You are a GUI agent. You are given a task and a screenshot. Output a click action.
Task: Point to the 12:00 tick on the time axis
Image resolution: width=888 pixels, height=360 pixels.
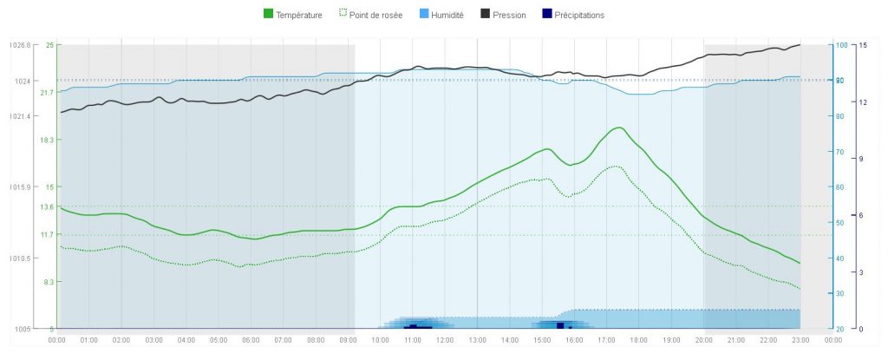tap(445, 340)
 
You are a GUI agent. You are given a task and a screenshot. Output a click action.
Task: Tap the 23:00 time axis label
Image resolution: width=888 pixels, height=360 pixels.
tap(800, 340)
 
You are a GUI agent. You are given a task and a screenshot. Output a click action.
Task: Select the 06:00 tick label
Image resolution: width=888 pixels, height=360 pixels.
tap(251, 340)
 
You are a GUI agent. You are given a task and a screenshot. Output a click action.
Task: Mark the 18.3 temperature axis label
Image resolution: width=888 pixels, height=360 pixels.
tap(47, 140)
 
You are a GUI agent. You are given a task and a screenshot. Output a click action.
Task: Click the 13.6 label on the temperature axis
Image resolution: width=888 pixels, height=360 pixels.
tap(47, 206)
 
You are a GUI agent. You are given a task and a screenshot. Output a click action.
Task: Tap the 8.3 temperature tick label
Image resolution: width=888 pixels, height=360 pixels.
tap(49, 282)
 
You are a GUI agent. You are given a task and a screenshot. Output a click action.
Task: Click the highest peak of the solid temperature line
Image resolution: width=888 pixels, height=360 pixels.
tap(618, 128)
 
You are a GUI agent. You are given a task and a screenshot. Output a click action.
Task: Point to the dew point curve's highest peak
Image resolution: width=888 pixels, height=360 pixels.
tap(615, 167)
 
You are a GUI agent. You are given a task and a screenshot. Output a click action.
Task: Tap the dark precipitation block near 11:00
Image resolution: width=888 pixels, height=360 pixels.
tap(414, 326)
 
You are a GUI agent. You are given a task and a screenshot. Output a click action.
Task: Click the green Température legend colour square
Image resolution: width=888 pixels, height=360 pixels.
tap(268, 15)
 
